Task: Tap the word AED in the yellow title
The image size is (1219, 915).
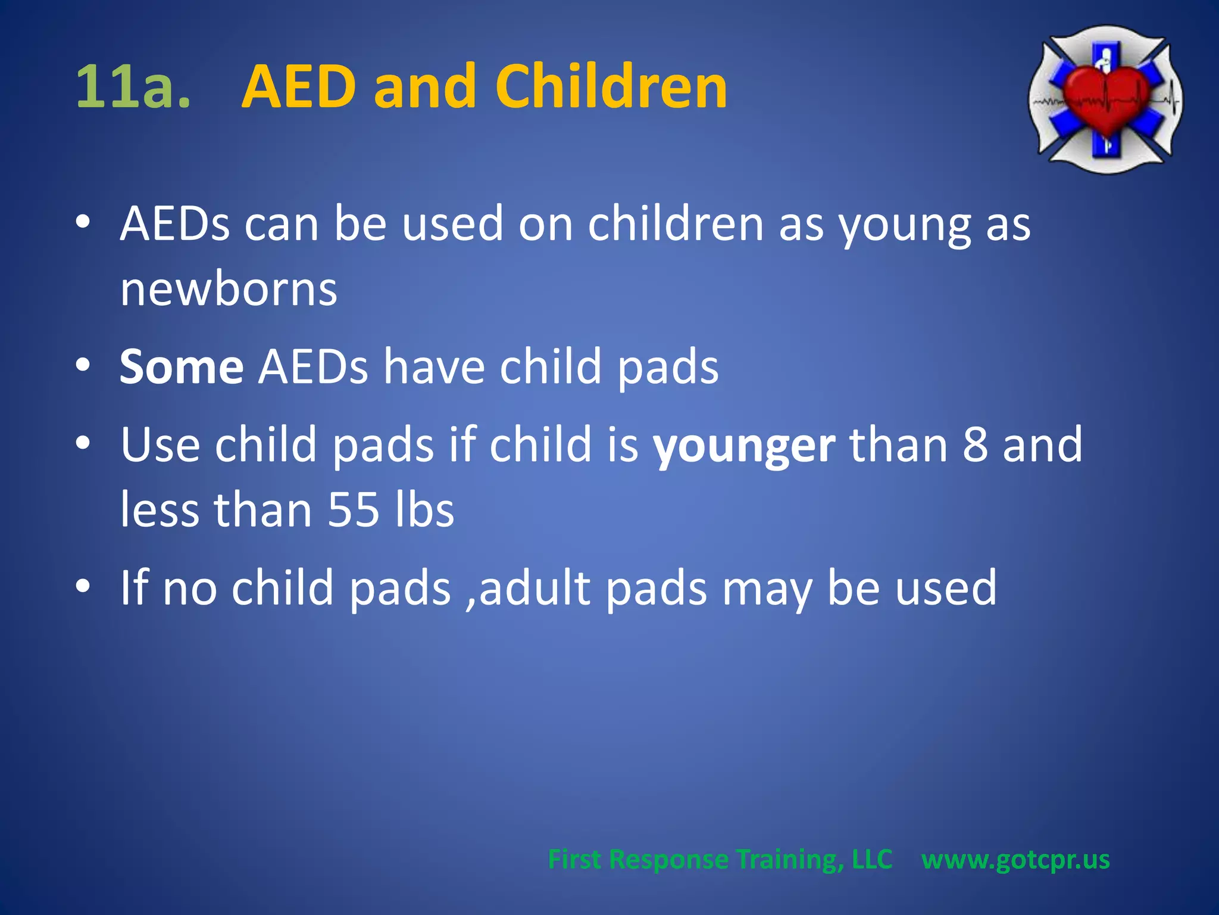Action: [300, 87]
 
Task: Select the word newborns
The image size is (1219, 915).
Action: [229, 290]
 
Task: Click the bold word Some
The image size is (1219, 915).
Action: [182, 367]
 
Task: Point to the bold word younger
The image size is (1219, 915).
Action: [744, 446]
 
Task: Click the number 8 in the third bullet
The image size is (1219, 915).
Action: [975, 446]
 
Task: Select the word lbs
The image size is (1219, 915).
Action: [425, 510]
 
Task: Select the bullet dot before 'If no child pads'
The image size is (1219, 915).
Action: [83, 586]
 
